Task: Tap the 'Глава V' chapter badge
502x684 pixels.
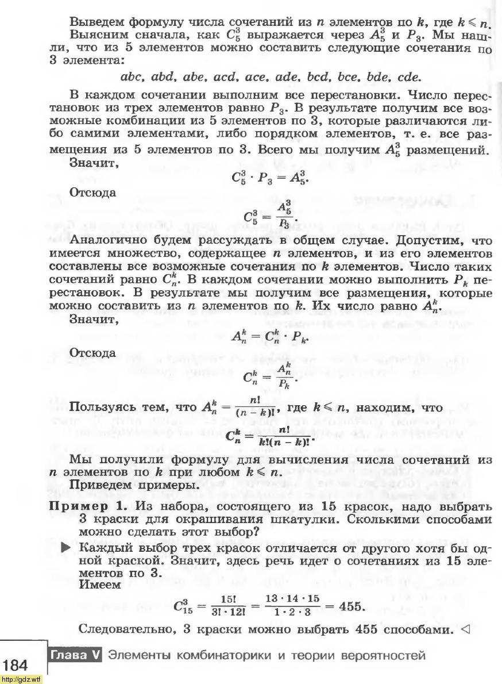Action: pos(75,655)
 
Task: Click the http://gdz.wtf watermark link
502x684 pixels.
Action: pos(21,679)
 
